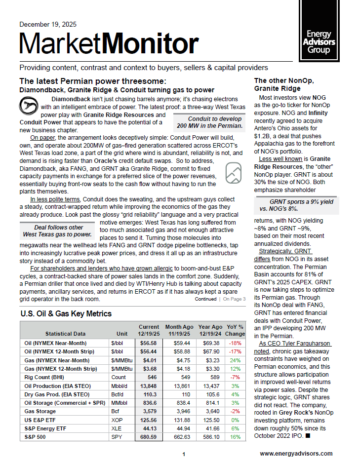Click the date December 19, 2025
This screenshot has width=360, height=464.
47,24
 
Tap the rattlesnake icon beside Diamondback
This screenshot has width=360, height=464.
28,105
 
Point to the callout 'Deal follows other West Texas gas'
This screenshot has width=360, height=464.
59,231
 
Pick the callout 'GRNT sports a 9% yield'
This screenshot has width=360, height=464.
301,205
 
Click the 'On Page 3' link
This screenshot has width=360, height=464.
234,299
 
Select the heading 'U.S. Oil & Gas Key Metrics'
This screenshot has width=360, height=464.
66,313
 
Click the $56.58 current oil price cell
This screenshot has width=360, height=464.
149,343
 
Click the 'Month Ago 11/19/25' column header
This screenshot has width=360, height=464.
179,330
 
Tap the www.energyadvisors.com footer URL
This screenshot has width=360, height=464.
296,453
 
